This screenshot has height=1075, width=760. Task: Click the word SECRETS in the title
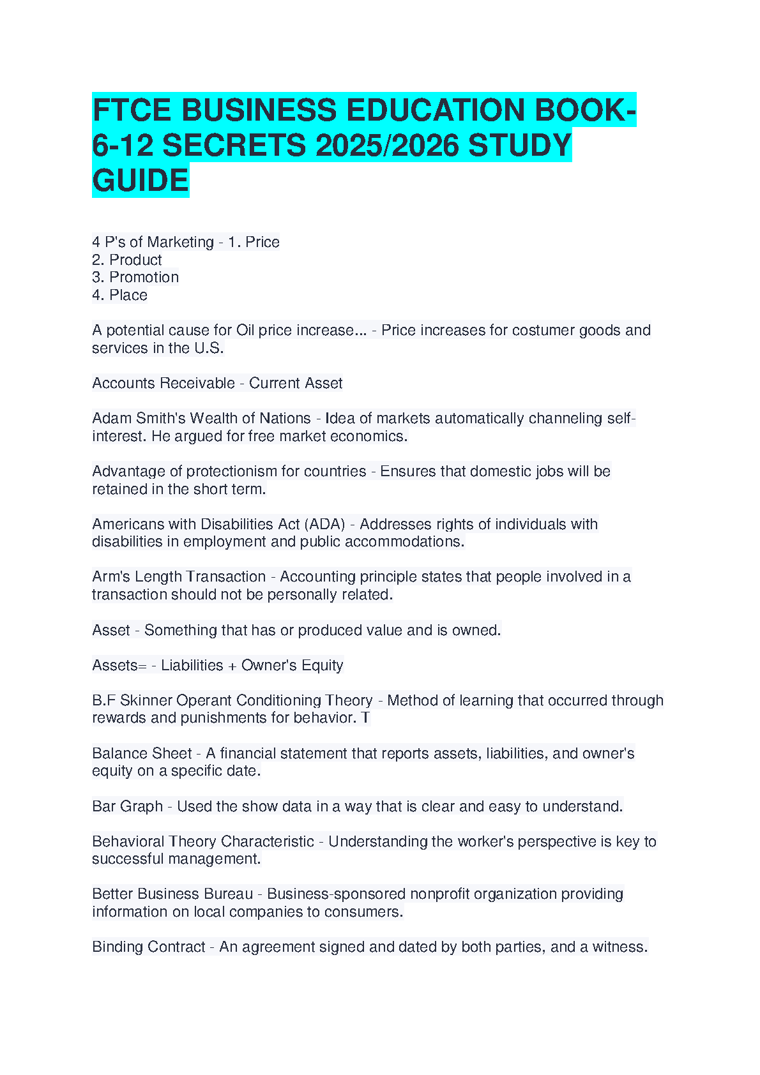(234, 146)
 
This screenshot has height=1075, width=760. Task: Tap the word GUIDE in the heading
(141, 181)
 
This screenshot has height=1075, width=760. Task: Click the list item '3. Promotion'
(135, 277)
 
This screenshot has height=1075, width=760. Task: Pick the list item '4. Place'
(119, 295)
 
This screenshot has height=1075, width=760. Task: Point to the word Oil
(245, 330)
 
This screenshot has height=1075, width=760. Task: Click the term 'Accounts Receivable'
(163, 383)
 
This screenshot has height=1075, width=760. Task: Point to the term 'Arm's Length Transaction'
(179, 576)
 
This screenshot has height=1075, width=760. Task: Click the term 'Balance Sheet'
(142, 753)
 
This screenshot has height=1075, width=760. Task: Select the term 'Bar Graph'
(128, 806)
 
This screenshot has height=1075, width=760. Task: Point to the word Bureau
(228, 894)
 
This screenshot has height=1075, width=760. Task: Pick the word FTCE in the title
(132, 110)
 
